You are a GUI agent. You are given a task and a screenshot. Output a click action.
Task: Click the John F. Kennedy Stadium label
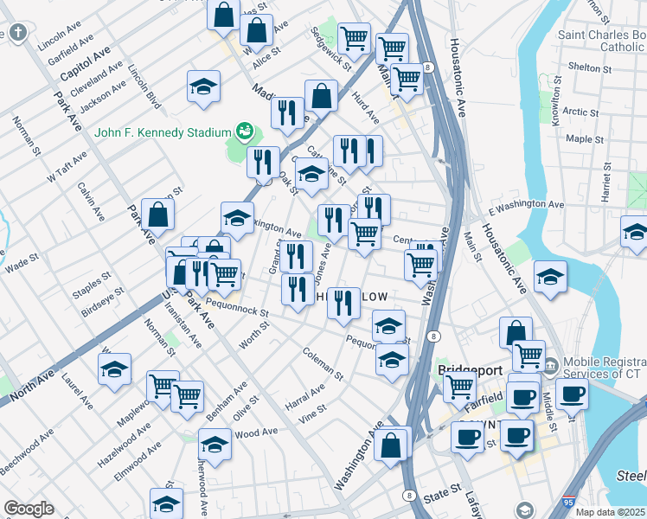click(x=163, y=132)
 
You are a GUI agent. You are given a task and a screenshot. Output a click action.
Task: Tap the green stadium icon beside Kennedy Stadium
click(x=245, y=131)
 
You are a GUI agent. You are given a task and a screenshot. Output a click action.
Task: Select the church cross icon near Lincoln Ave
click(x=19, y=33)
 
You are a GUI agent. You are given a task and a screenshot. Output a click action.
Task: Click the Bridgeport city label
click(x=470, y=369)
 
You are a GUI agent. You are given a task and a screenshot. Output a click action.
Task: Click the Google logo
click(x=29, y=509)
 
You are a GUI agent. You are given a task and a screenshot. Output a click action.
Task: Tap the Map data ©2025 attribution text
click(x=611, y=512)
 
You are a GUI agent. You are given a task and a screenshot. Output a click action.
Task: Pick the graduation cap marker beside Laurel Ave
click(x=114, y=369)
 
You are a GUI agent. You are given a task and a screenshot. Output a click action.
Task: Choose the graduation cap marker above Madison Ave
click(x=203, y=86)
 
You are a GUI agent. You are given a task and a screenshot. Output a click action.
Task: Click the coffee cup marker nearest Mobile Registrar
click(x=570, y=394)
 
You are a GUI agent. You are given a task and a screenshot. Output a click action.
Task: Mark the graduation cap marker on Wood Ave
click(x=215, y=445)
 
